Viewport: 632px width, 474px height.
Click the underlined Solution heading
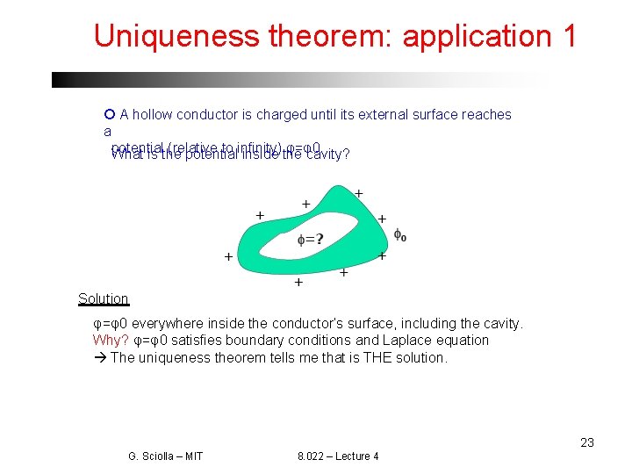103,299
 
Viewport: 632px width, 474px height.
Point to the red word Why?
111,341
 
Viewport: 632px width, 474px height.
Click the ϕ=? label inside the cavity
310,239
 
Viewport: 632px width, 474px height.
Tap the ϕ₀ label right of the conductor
399,234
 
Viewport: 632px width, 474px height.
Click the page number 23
587,442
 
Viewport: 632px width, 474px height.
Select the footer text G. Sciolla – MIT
165,456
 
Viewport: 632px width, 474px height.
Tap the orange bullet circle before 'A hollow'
109,114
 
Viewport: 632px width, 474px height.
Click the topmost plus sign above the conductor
358,193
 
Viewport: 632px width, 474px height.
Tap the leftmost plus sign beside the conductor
228,257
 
